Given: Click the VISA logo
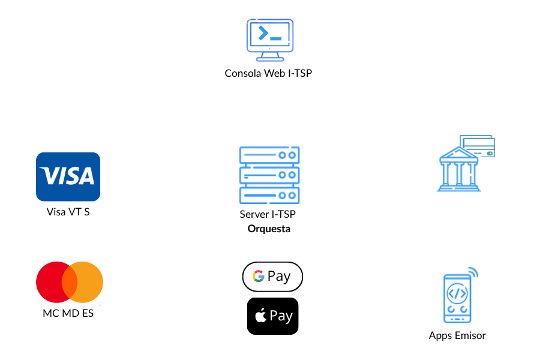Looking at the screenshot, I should [x=68, y=176].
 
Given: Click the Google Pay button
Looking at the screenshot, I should [x=272, y=277].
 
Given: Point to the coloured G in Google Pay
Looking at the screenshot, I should [x=259, y=276].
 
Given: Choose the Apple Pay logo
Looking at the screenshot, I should [x=274, y=316].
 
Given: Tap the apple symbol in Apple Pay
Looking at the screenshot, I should [x=261, y=316].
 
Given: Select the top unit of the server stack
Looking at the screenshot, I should [x=269, y=155].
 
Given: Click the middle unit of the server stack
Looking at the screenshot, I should [x=269, y=175].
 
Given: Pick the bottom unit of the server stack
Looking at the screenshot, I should [x=269, y=195].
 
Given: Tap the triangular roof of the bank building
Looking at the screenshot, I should [x=459, y=153].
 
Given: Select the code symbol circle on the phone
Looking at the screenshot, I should [x=457, y=293].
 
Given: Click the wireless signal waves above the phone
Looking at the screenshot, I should [x=473, y=272].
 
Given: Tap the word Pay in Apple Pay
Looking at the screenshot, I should [x=281, y=316].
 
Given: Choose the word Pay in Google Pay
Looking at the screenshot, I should [x=279, y=277].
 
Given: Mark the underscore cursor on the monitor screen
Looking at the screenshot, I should [x=276, y=38].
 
